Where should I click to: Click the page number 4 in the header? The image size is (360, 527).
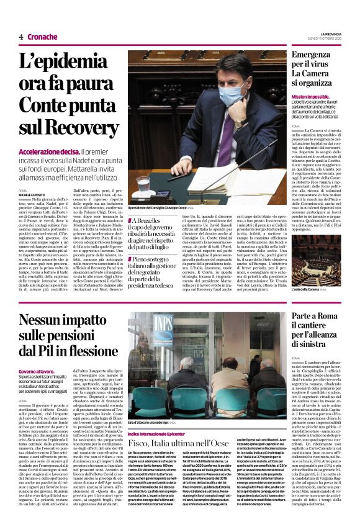20,37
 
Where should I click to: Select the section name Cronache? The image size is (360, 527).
42,37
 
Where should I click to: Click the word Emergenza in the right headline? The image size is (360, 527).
300,55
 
